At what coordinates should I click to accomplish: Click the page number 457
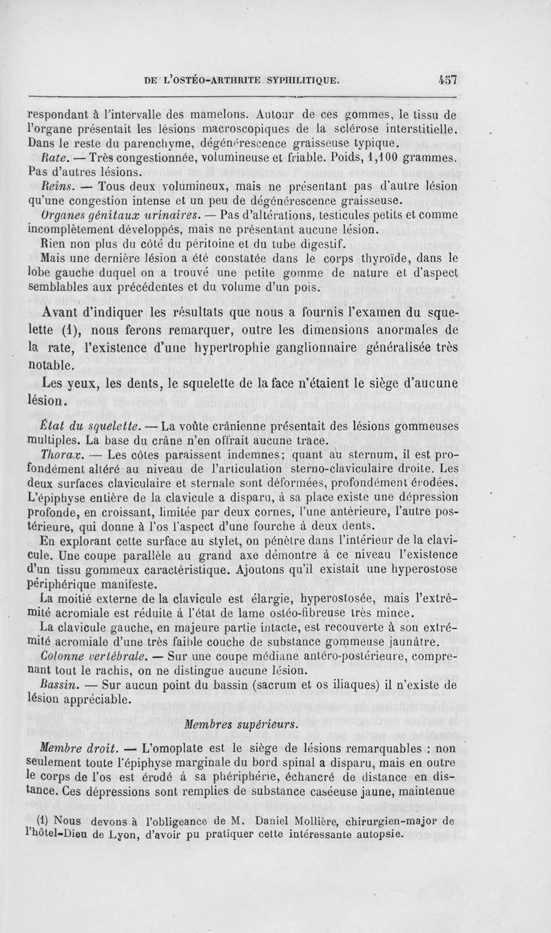click(x=448, y=79)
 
